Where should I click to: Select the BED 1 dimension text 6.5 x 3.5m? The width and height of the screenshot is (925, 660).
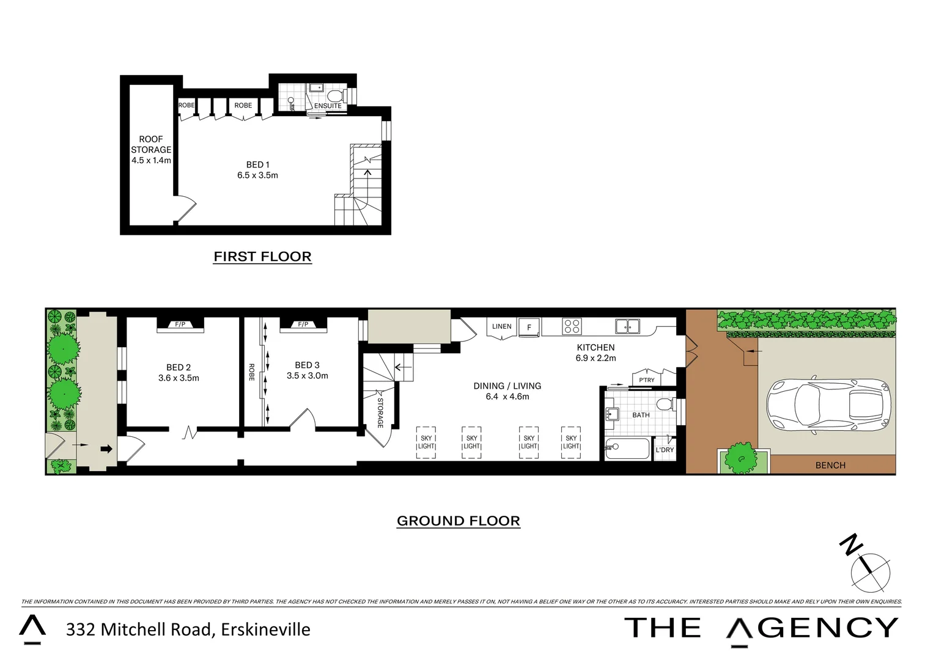point(257,175)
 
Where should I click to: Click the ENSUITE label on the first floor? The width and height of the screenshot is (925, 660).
point(328,106)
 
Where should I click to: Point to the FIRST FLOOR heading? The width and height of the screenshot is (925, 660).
point(262,257)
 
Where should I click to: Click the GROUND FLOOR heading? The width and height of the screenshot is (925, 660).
point(458,521)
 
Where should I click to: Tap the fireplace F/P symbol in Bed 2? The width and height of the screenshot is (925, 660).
point(180,324)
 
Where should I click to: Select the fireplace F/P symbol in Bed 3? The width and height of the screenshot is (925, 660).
point(303,324)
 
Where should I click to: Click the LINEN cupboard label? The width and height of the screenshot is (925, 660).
point(501,326)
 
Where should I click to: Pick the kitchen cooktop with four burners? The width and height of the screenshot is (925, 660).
point(572,326)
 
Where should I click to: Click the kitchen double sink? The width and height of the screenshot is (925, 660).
point(627,326)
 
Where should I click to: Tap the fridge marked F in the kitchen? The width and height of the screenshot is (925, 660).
point(529,327)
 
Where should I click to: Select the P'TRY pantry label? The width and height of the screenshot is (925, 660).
point(646,380)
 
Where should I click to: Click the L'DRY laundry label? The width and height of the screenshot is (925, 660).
point(665,450)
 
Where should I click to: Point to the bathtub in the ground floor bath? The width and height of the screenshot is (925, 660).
point(627,449)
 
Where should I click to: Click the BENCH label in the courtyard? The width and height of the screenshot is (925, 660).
point(830,465)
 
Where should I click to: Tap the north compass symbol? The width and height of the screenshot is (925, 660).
point(869,571)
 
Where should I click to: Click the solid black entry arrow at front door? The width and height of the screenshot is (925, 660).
point(106,449)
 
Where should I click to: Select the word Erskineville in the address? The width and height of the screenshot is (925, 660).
point(265,629)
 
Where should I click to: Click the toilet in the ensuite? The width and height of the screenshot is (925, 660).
point(335,95)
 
